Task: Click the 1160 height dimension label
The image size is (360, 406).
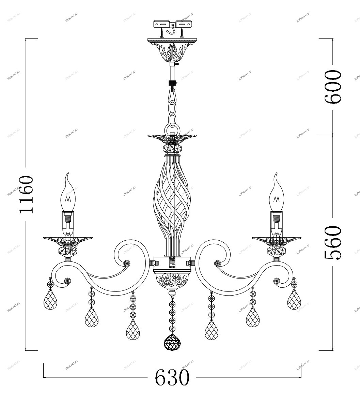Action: pyautogui.click(x=26, y=194)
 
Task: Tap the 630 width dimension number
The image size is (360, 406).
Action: pyautogui.click(x=172, y=377)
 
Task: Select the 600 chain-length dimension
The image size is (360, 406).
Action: pyautogui.click(x=333, y=87)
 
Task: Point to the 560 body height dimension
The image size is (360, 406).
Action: pyautogui.click(x=333, y=242)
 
